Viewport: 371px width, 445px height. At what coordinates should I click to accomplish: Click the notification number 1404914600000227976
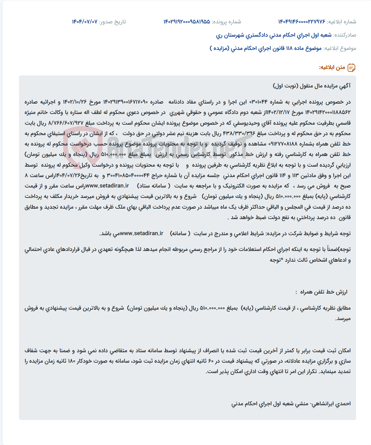(301, 22)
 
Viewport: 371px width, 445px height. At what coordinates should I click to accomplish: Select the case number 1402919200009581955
(186, 22)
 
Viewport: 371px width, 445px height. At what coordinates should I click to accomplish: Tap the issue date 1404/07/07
(84, 22)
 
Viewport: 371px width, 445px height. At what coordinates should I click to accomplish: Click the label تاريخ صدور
(113, 22)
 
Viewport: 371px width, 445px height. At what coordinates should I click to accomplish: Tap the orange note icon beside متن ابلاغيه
(351, 68)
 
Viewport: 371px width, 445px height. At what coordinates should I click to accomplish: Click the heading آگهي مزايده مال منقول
(312, 86)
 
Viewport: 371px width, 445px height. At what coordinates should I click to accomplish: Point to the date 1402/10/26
(75, 102)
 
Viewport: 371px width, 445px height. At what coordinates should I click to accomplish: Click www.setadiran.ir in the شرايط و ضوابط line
(142, 234)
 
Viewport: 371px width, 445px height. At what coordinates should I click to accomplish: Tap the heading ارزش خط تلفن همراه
(324, 292)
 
